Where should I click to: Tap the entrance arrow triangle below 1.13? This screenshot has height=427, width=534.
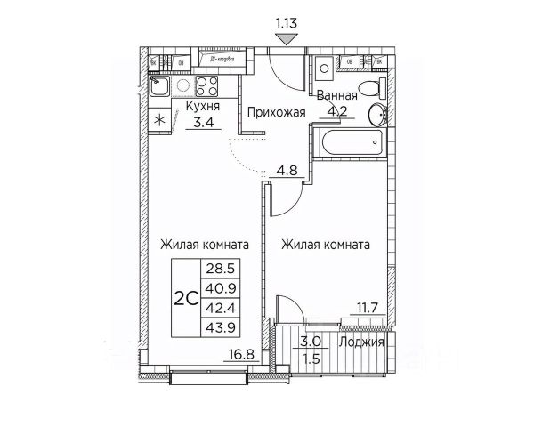286,37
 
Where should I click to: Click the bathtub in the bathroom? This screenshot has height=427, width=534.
350,140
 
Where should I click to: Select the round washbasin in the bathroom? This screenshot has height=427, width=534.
378,113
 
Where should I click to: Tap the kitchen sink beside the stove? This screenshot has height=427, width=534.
162,85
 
